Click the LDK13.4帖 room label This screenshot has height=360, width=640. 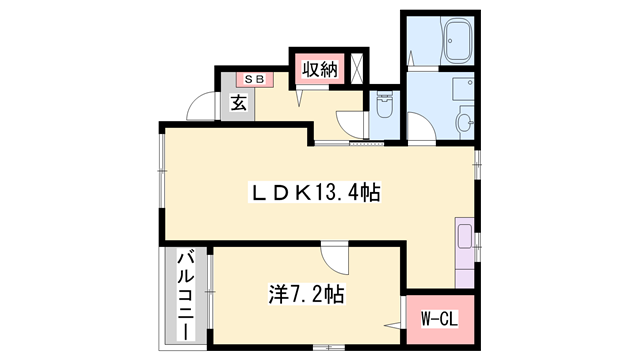tap(313, 191)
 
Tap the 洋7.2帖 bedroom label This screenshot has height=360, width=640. tap(306, 294)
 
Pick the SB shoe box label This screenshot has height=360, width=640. tap(254, 78)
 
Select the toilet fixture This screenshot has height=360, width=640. tap(385, 105)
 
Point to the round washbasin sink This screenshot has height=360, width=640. tap(465, 122)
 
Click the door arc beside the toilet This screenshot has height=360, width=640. tap(351, 123)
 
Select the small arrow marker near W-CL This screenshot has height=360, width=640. tap(392, 324)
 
